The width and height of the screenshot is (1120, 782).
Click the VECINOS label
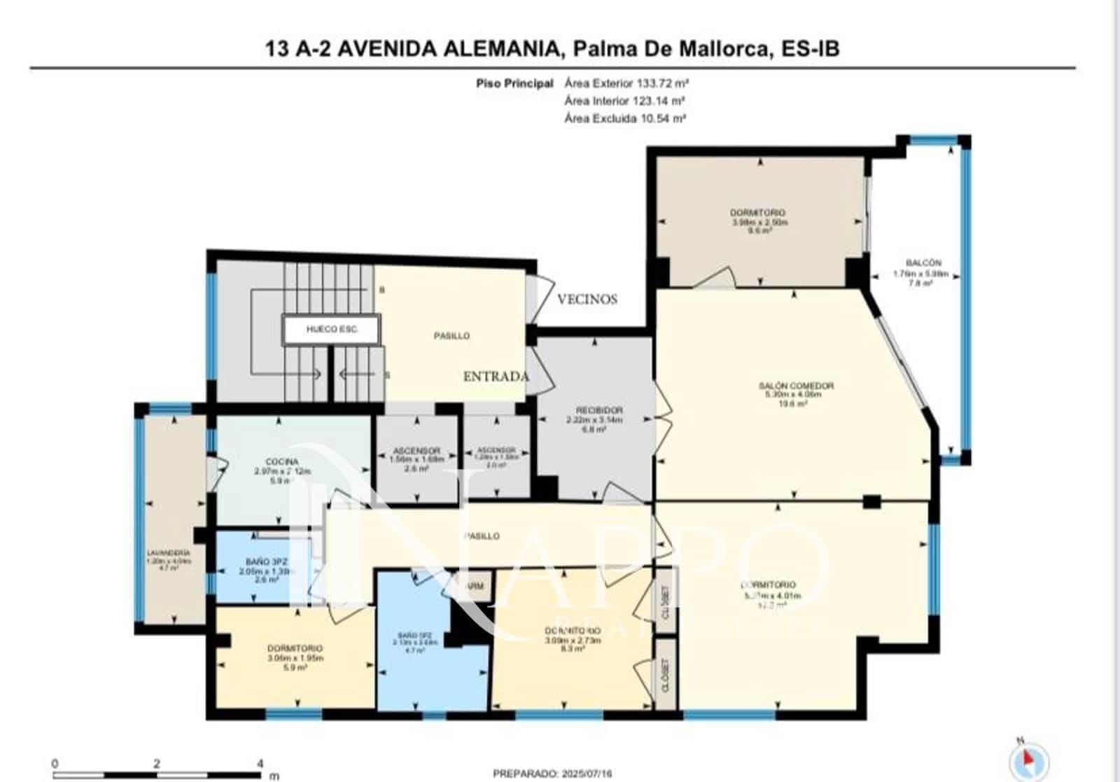[587, 300]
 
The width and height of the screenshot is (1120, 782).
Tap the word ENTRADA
[496, 377]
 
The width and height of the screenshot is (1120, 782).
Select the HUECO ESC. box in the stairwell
[332, 329]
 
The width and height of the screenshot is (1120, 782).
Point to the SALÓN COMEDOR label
[796, 386]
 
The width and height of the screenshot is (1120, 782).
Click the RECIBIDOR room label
[594, 410]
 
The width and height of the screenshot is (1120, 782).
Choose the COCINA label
[282, 462]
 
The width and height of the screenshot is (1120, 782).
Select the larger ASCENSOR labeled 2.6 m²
[416, 451]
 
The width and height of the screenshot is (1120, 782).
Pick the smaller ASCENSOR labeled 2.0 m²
[496, 450]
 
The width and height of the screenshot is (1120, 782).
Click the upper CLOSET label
[665, 602]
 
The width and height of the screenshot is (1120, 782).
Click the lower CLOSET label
[665, 675]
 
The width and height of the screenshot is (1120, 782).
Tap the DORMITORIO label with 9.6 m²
[757, 212]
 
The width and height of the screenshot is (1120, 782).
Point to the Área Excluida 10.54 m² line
[624, 118]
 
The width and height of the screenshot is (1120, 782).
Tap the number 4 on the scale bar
[260, 764]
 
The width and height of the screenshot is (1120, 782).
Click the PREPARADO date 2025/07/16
[552, 774]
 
